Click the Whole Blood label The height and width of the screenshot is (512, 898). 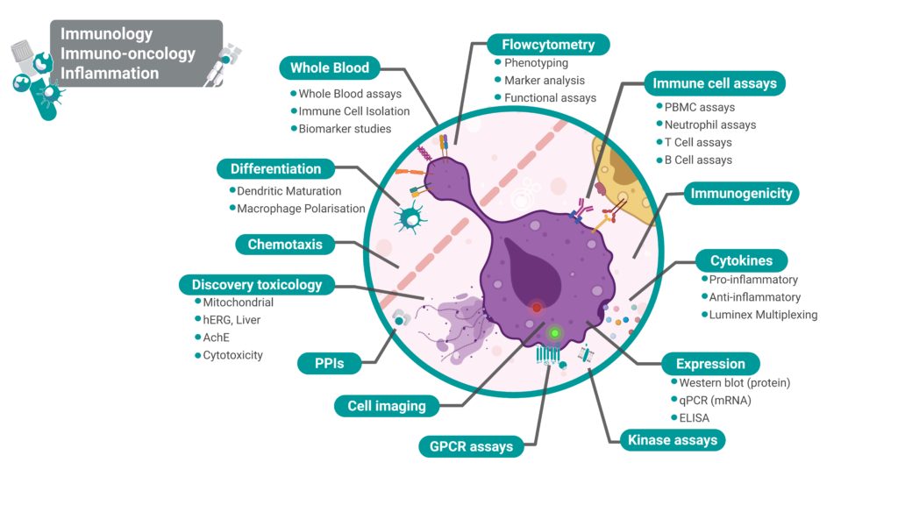point(330,68)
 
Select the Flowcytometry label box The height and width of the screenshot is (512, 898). point(548,44)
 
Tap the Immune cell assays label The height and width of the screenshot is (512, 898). point(714,84)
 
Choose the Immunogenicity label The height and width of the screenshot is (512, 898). point(741,193)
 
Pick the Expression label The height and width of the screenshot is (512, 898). point(710,364)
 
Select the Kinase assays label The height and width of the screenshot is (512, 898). point(672,439)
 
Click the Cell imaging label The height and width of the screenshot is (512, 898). point(387,405)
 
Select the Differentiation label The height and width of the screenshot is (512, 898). point(275,168)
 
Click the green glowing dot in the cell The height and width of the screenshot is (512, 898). point(554,333)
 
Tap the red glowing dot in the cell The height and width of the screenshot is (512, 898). point(537,308)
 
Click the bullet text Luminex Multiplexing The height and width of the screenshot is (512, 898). point(763,315)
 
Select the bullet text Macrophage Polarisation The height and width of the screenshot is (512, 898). point(301,209)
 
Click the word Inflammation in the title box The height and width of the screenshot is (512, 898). point(110,74)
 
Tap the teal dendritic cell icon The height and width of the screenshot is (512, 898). point(410,215)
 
